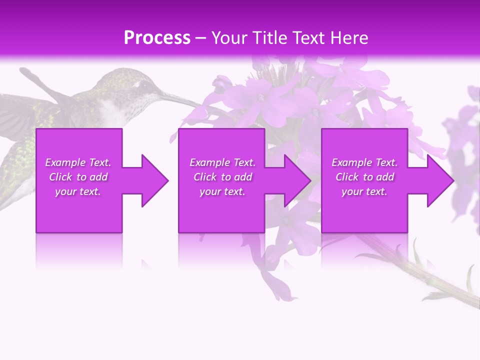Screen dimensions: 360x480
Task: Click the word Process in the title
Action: [157, 38]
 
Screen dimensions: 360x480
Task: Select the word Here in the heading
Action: [347, 38]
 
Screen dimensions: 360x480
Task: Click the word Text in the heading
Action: [308, 38]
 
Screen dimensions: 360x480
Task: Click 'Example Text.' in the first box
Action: [78, 162]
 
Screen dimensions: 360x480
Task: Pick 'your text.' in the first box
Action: [78, 191]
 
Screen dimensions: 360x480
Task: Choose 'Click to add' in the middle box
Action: [222, 177]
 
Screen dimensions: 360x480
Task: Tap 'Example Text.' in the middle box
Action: [222, 162]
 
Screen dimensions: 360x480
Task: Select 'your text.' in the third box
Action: [364, 191]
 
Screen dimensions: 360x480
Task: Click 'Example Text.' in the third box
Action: [364, 162]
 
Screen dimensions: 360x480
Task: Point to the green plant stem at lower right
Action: [430, 280]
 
